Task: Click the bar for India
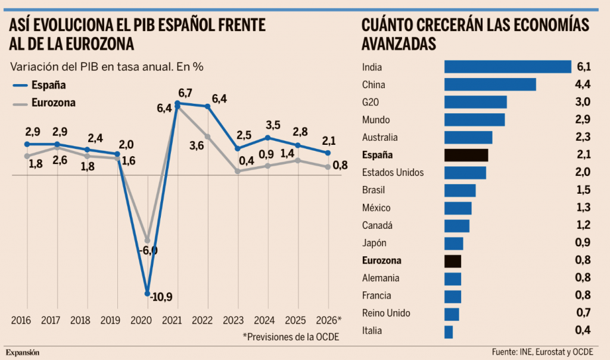point(508,67)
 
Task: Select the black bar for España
point(466,155)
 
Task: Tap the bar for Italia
point(449,331)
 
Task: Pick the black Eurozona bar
point(453,261)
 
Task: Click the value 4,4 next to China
point(582,85)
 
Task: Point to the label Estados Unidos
point(393,173)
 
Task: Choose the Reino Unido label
point(386,314)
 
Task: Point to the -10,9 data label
point(163,296)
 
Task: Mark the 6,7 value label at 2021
point(185,93)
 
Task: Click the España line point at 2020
point(147,293)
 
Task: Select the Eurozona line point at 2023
point(238,171)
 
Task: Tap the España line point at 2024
point(268,138)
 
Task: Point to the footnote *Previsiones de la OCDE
point(290,337)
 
